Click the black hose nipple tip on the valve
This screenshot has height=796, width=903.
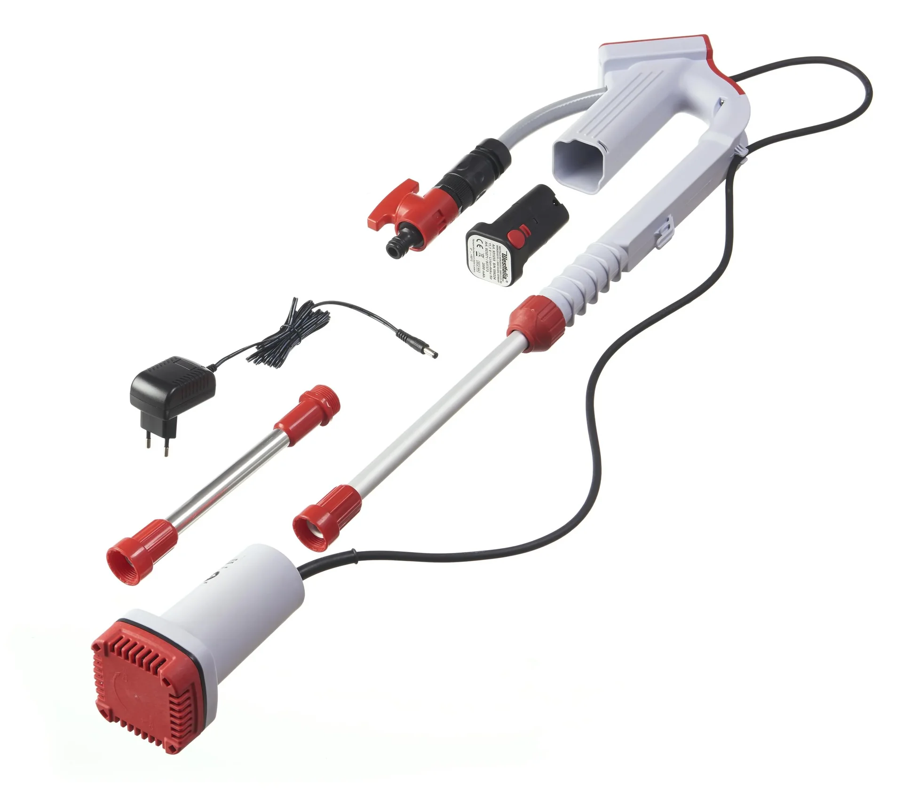tap(393, 247)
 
